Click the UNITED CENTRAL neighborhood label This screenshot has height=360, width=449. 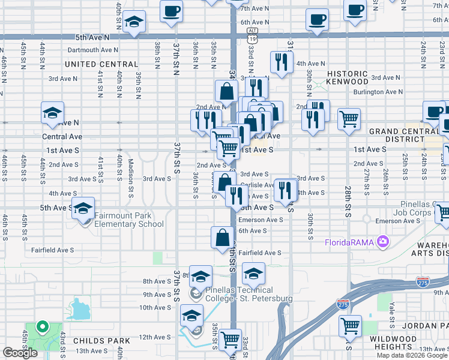point(101,64)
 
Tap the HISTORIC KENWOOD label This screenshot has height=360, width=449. point(347,77)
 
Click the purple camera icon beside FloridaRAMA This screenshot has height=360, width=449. point(382,242)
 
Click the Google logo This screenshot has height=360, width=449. point(20,353)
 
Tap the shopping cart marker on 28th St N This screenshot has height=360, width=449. point(349,118)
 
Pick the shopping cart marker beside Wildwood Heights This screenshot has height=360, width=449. point(350,326)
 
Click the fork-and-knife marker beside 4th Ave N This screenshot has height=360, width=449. point(280,61)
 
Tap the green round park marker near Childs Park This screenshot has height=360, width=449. point(41,327)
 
